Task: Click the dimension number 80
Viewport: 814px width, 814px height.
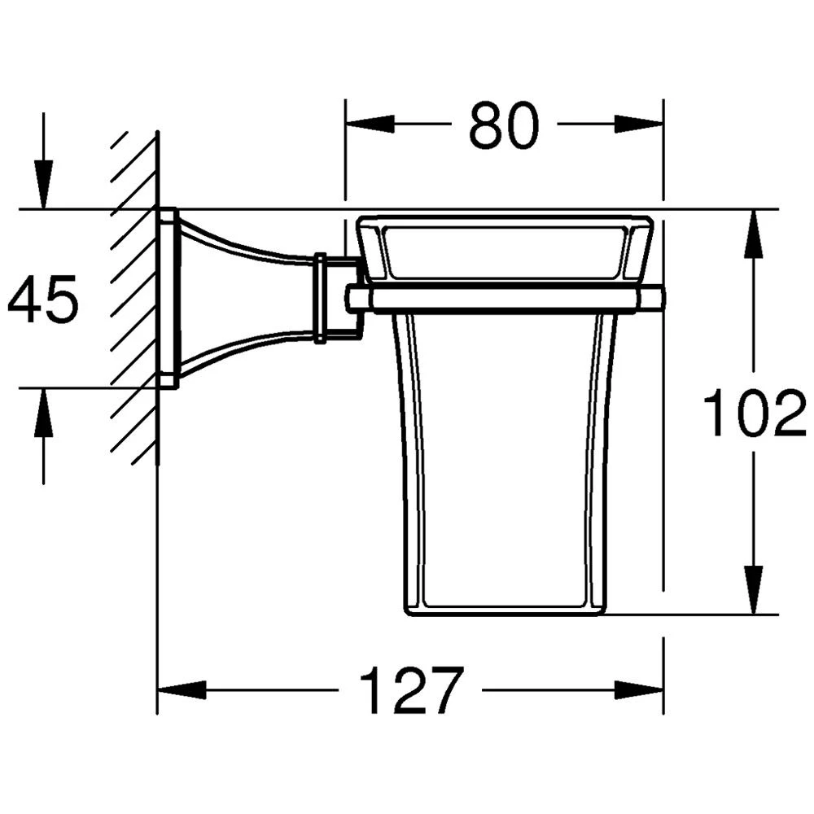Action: click(x=504, y=125)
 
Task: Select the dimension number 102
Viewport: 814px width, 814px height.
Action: click(x=755, y=413)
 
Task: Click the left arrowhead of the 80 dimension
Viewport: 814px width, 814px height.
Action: click(x=370, y=124)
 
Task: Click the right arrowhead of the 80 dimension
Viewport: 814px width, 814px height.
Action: click(x=638, y=124)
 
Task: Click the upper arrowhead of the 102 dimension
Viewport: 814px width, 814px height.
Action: click(x=753, y=234)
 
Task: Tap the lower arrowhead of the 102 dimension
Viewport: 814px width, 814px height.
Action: click(x=753, y=590)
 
